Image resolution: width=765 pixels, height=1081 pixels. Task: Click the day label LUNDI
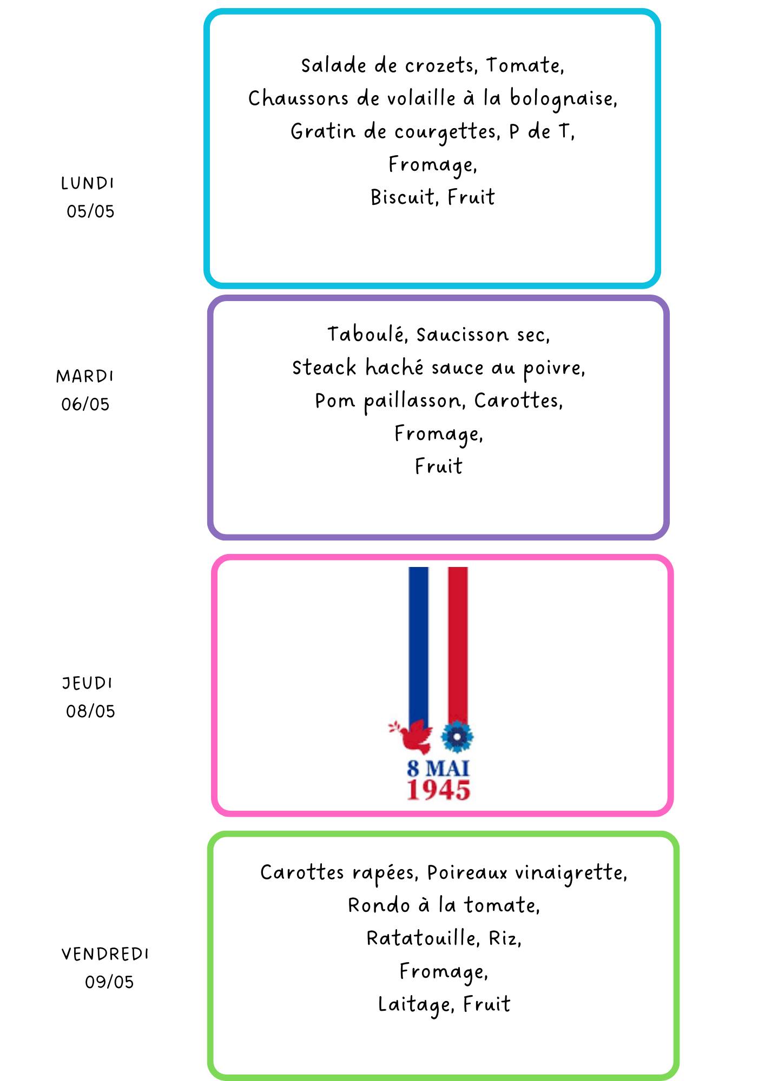coord(87,183)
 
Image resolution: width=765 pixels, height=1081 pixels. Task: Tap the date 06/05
coord(85,404)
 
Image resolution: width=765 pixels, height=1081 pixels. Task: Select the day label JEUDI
coord(87,683)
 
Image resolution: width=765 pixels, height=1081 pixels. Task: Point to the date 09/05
coord(109,982)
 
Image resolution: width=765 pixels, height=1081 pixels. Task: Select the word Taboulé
coord(367,335)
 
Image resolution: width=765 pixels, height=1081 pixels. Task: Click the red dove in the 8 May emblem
coord(412,736)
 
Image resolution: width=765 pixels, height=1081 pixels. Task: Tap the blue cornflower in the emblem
coord(457,736)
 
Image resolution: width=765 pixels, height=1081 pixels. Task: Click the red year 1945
coord(439,790)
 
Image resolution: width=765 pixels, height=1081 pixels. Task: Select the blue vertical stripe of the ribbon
coord(418,646)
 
